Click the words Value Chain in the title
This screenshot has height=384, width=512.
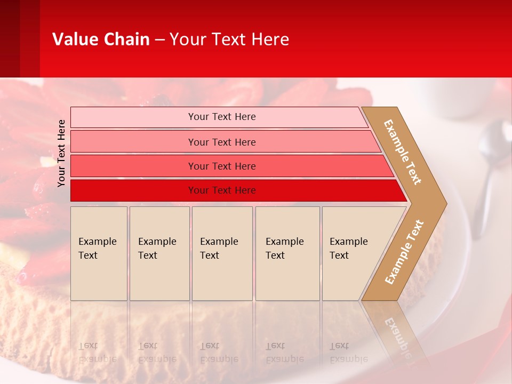[101, 39]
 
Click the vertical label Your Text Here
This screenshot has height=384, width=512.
[61, 153]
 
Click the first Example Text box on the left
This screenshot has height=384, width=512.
[99, 253]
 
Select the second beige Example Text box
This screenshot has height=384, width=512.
[159, 253]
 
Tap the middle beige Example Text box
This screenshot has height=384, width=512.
[222, 253]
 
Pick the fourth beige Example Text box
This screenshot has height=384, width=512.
[287, 253]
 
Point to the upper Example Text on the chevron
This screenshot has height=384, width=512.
[403, 152]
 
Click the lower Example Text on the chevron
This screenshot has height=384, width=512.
[404, 252]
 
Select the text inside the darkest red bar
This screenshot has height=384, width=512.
[222, 190]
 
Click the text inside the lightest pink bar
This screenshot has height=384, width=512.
[222, 117]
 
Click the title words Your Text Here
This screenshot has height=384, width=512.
[229, 39]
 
